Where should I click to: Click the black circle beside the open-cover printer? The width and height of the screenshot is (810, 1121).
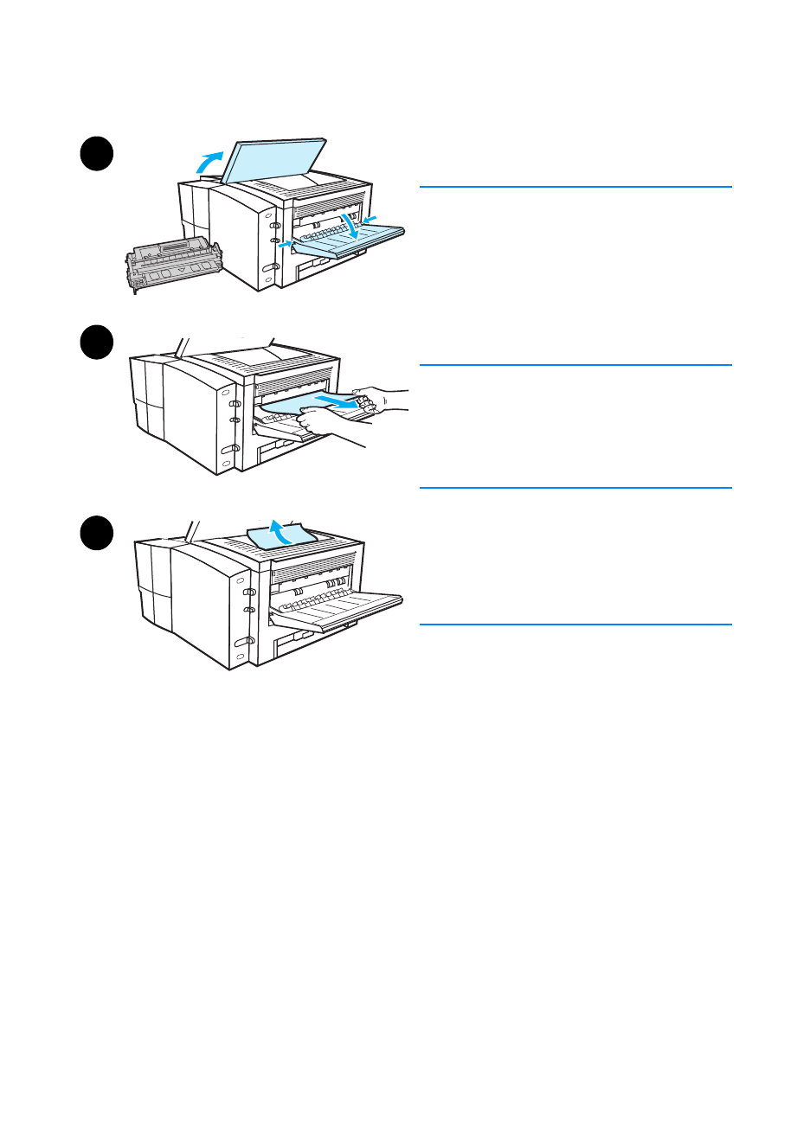pos(97,154)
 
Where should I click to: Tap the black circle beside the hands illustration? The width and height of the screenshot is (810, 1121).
pos(97,342)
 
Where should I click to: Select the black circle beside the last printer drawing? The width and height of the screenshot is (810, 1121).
pos(97,532)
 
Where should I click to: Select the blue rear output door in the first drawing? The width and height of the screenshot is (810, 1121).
pos(346,243)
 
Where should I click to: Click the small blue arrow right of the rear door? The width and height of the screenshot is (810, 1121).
pos(370,218)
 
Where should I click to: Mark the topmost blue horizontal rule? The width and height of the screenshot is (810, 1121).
pos(575,187)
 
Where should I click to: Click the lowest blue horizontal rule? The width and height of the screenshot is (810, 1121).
pos(575,625)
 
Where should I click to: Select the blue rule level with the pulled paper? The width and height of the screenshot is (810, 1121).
pos(575,365)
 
